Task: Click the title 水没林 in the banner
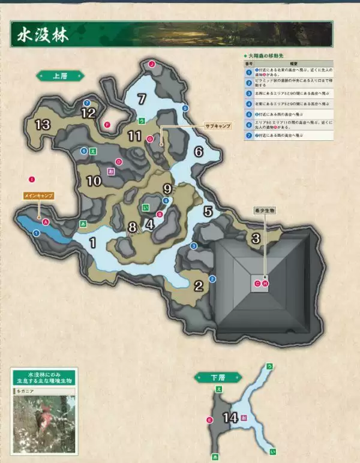(x=40, y=34)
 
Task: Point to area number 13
(x=42, y=125)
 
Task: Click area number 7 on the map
(x=142, y=99)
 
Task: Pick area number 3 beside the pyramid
(x=256, y=238)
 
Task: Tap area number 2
(x=199, y=285)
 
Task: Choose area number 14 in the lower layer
(x=230, y=418)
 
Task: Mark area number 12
(x=88, y=112)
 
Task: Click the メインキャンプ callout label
(x=38, y=196)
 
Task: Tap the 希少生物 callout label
(x=263, y=211)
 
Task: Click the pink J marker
(x=152, y=64)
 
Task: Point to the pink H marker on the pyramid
(x=265, y=283)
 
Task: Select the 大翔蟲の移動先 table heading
(x=264, y=55)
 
